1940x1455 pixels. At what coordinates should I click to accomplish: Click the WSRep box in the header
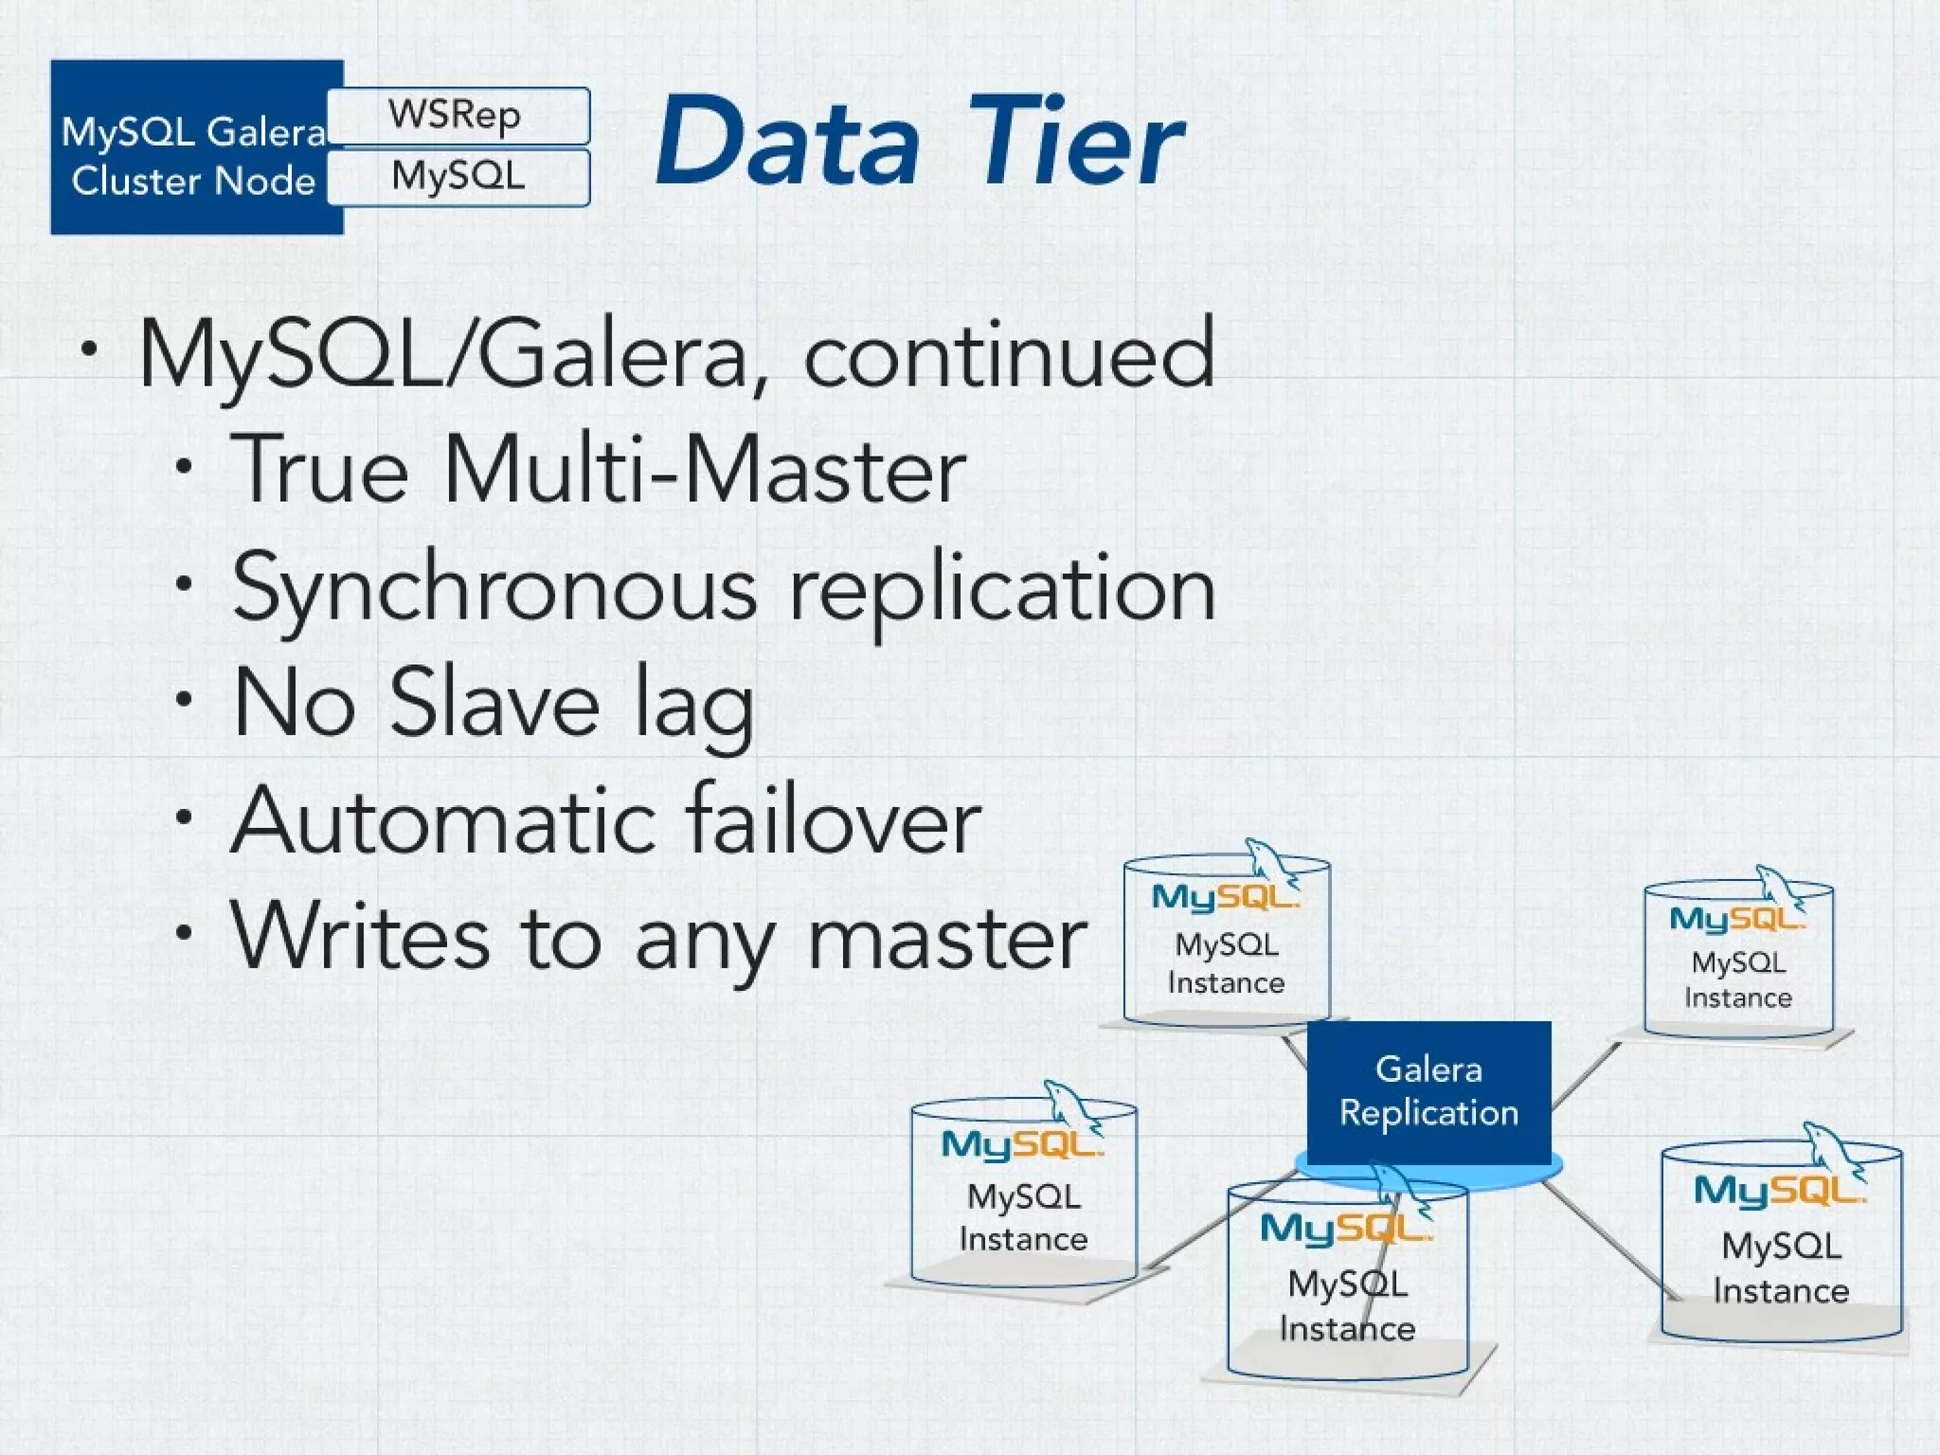pyautogui.click(x=458, y=116)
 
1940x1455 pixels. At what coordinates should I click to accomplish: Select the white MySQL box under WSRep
pyautogui.click(x=458, y=176)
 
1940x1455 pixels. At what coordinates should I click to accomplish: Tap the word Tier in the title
pyautogui.click(x=1074, y=142)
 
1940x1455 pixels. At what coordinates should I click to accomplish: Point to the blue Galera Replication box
pyautogui.click(x=1428, y=1091)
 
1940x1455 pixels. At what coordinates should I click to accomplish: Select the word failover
pyautogui.click(x=834, y=820)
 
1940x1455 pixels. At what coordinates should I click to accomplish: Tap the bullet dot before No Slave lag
pyautogui.click(x=184, y=699)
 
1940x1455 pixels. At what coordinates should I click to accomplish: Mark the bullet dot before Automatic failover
pyautogui.click(x=184, y=817)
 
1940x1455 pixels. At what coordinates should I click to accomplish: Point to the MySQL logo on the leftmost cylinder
pyautogui.click(x=1021, y=1144)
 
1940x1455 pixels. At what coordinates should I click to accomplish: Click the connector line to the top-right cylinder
pyautogui.click(x=1587, y=1075)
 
